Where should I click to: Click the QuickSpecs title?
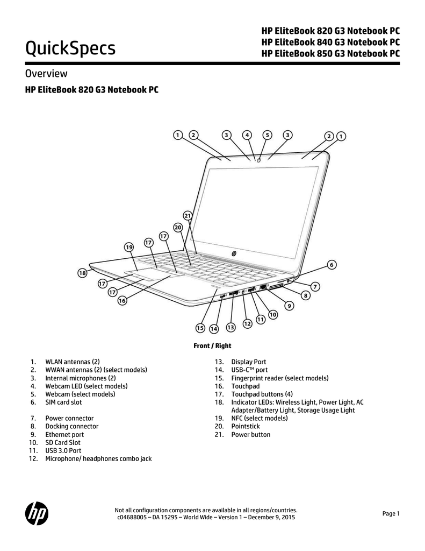point(70,48)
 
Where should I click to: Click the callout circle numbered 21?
point(188,216)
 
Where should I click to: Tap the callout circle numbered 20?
point(178,228)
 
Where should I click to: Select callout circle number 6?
point(332,265)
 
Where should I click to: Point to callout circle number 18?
point(82,273)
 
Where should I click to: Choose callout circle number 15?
point(200,328)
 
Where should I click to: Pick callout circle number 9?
point(289,306)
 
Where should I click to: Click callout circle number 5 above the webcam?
point(268,135)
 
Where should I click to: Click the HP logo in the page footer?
point(37,514)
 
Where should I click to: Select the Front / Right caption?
point(212,346)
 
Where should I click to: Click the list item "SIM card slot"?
point(63,402)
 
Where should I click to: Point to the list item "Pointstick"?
point(246,426)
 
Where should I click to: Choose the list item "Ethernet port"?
point(64,435)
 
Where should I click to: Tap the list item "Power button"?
point(251,435)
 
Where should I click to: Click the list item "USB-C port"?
point(249,370)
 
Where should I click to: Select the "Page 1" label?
point(391,514)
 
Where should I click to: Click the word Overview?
point(46,73)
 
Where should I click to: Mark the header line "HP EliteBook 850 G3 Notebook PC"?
point(330,53)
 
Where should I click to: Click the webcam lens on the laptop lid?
point(259,160)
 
